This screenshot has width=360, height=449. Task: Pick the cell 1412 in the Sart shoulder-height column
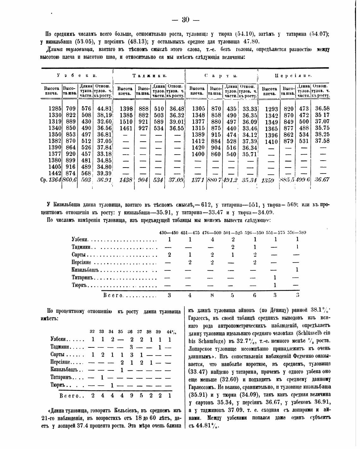[x=199, y=141]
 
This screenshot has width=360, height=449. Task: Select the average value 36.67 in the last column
[x=322, y=180]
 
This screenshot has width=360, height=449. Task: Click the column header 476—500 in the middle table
[x=211, y=233]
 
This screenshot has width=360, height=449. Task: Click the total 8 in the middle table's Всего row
[x=212, y=295]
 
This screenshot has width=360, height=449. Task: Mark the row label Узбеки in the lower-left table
[x=58, y=340]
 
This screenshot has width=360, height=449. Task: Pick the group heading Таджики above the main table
[x=149, y=76]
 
